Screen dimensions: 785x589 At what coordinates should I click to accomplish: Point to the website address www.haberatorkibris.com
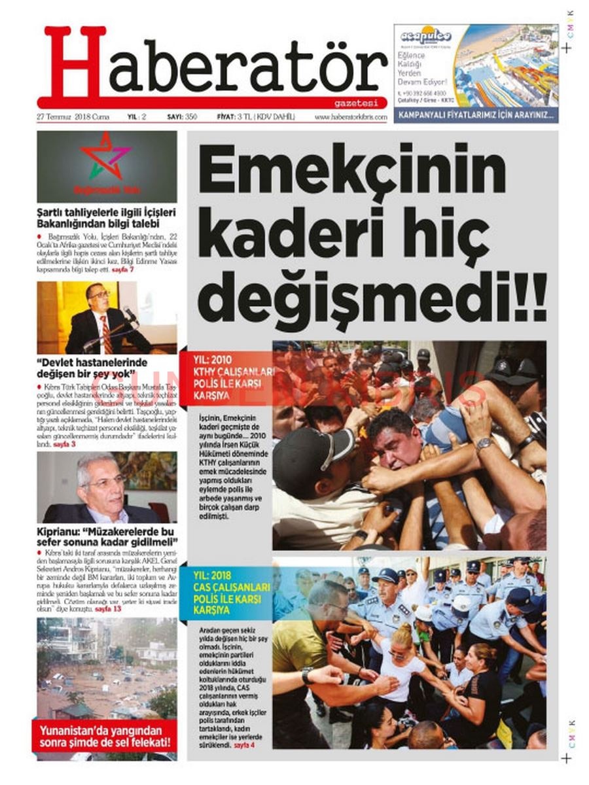pos(350,116)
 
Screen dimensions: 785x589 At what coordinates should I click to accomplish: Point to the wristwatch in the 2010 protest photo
pos(484,445)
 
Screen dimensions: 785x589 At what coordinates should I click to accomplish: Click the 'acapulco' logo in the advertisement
pos(425,35)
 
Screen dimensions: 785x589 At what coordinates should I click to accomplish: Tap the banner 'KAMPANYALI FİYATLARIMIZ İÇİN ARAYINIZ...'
pos(476,116)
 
